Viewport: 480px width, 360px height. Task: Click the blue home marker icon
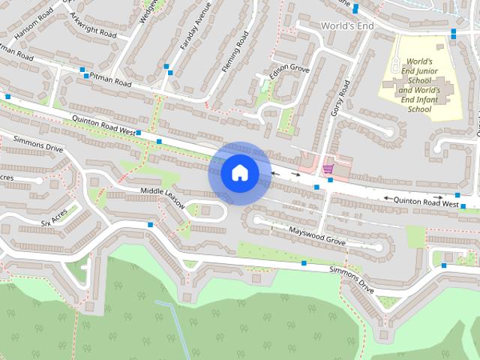pyautogui.click(x=239, y=173)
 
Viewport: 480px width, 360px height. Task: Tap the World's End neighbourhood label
pyautogui.click(x=346, y=25)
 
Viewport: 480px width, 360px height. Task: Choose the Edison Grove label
pyautogui.click(x=289, y=70)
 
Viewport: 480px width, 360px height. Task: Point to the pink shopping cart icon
pyautogui.click(x=327, y=169)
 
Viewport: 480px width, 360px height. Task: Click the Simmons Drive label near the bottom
pyautogui.click(x=351, y=277)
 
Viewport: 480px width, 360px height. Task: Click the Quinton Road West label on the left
pyautogui.click(x=103, y=124)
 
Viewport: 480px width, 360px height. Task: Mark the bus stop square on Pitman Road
pyautogui.click(x=82, y=70)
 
